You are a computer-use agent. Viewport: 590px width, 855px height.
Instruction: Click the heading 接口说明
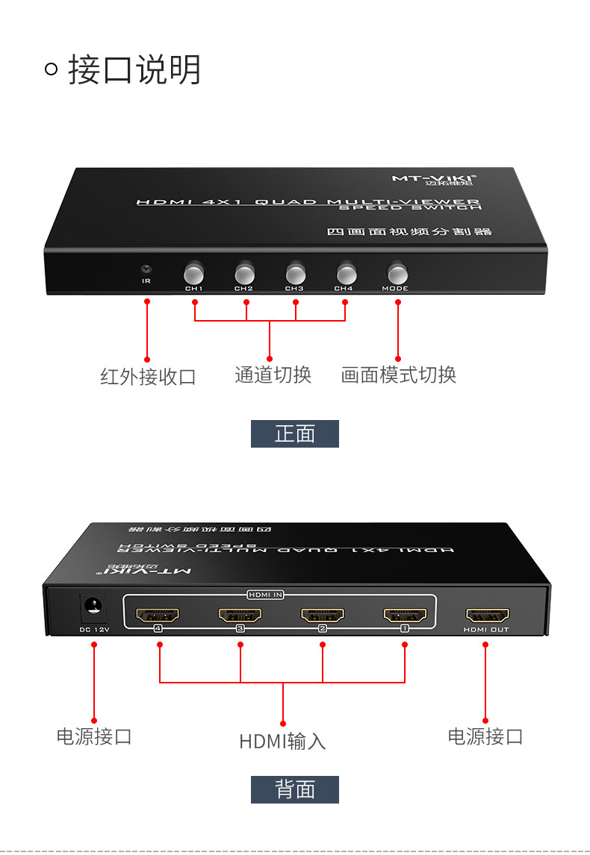[x=134, y=70]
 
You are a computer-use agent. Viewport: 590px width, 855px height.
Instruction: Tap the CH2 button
[x=244, y=271]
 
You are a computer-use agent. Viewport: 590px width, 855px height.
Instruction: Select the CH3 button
[x=294, y=271]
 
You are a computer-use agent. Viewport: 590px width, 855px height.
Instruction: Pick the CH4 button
[x=344, y=271]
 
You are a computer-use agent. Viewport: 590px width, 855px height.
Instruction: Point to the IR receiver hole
[x=146, y=269]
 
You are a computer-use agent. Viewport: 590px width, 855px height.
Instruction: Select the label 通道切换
[x=273, y=375]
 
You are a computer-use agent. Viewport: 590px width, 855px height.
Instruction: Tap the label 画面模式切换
[x=398, y=375]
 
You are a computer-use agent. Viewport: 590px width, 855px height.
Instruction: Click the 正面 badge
[x=295, y=433]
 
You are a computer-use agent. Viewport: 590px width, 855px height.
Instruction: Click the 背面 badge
[x=295, y=789]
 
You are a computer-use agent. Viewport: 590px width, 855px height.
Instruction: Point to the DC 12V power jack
[x=94, y=607]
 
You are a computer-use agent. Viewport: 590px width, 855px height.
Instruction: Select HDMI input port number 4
[x=158, y=616]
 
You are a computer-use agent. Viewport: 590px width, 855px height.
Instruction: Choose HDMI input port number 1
[x=405, y=616]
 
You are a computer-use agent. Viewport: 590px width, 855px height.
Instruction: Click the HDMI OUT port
[x=487, y=616]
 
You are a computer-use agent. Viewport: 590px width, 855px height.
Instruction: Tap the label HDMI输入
[x=282, y=741]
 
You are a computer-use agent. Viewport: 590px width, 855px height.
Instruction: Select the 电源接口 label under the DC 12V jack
[x=94, y=736]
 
